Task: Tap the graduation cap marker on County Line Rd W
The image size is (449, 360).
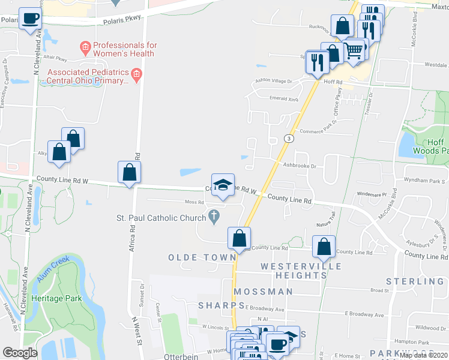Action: (x=223, y=185)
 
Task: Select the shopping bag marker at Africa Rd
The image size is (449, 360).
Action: (x=130, y=173)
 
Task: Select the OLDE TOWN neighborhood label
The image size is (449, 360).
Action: (x=202, y=257)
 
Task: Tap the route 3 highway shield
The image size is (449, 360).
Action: (x=289, y=139)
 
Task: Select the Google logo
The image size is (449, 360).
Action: (x=20, y=353)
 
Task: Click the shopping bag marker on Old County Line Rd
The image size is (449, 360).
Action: (x=239, y=238)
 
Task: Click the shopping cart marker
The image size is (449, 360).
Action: (x=355, y=50)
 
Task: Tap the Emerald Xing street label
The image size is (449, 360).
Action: (x=284, y=98)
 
